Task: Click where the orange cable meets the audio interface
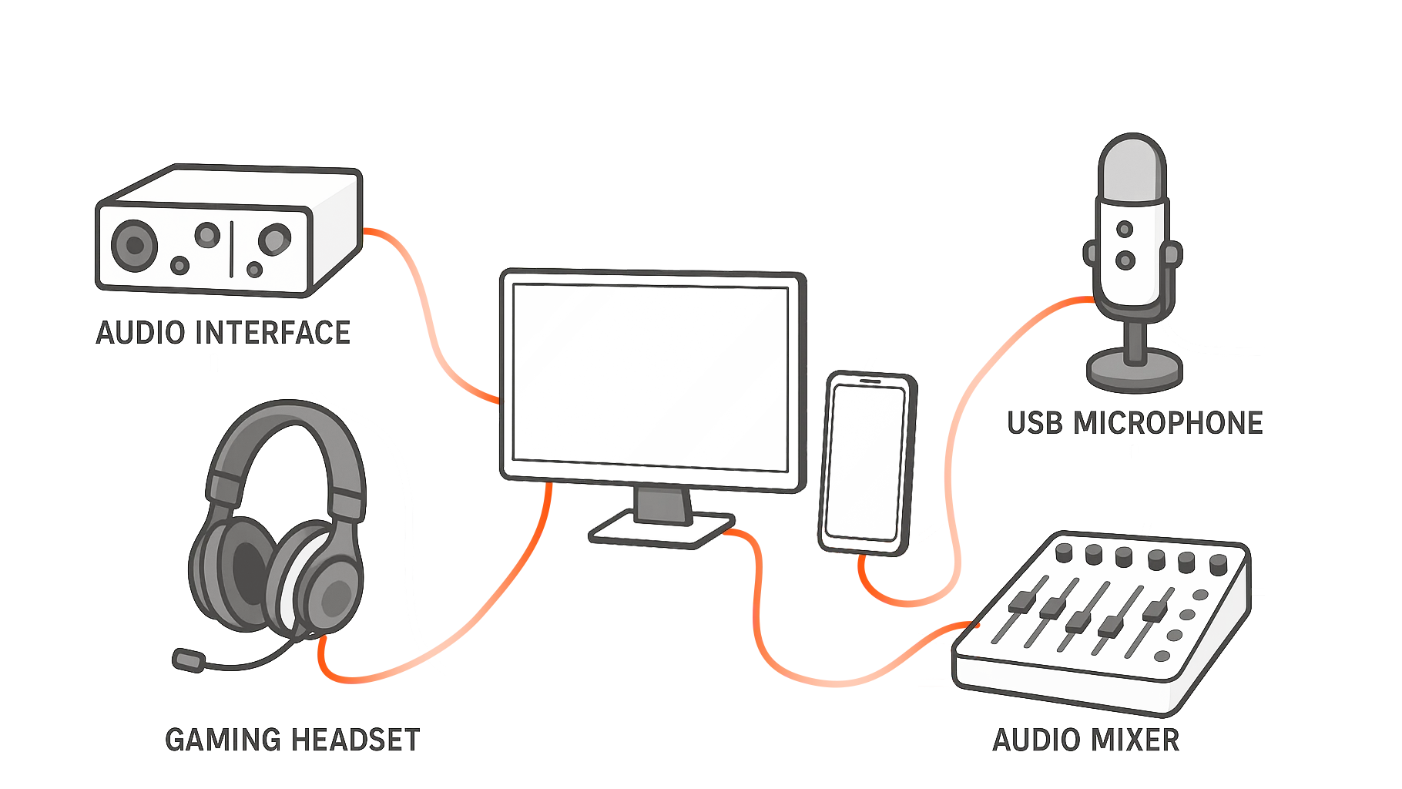tap(363, 230)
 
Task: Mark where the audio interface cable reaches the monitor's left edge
tap(500, 401)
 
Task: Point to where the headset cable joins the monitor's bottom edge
tap(548, 483)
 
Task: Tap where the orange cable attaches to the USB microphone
tap(1095, 299)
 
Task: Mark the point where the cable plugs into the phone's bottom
tap(863, 554)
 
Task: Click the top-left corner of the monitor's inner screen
tap(514, 284)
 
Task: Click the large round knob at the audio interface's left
tap(135, 245)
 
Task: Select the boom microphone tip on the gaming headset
tap(188, 660)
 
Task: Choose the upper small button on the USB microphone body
tap(1125, 229)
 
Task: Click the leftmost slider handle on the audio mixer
tap(1022, 601)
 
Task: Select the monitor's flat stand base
tap(661, 530)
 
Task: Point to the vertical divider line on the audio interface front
tap(231, 249)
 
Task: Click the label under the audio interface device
tap(223, 333)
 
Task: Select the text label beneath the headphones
tap(293, 740)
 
